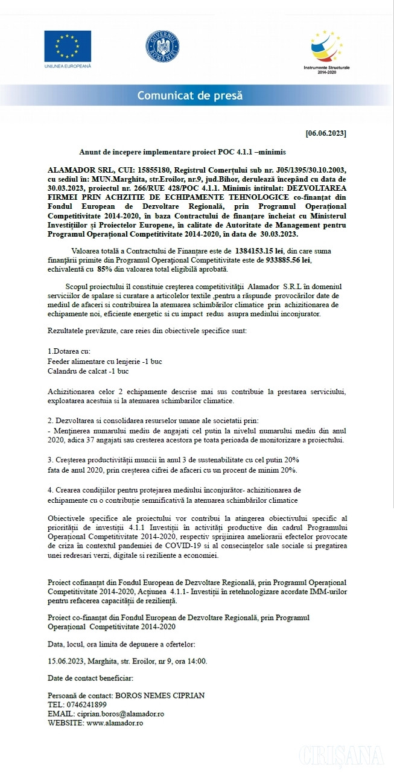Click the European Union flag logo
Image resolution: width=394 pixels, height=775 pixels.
67,46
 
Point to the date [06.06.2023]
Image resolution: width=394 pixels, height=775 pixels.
326,132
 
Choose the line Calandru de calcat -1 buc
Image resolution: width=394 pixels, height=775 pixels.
88,371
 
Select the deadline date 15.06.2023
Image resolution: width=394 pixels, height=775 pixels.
66,660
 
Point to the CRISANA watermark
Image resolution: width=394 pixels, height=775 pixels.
342,755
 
